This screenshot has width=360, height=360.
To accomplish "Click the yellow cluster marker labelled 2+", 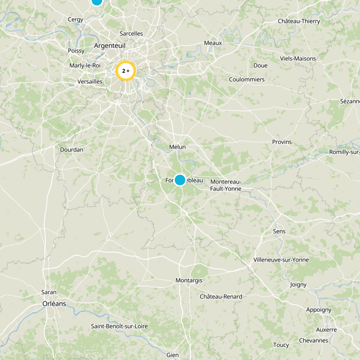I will point(126,71).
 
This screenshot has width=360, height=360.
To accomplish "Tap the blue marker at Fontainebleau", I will point(180,180).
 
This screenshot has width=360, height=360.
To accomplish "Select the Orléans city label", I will point(54,304).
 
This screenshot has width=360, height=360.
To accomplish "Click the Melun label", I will point(177,147).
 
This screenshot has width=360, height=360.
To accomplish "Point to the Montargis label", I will point(189,280).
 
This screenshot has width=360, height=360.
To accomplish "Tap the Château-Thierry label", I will point(299,21).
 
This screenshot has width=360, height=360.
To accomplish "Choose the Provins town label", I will point(282,142).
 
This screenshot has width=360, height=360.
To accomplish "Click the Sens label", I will point(279,231).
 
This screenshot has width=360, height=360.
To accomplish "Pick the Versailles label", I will point(90,81).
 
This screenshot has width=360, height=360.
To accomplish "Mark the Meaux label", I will point(213,43).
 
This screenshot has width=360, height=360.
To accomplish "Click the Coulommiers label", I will point(247,80).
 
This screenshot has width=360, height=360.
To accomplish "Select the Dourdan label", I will point(72,149).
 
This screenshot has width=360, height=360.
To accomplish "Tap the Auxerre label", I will point(326,330).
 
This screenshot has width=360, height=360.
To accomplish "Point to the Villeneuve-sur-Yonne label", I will point(281,260).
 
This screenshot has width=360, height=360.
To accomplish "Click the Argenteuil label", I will point(110,46).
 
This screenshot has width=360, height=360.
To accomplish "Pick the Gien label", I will point(172,355).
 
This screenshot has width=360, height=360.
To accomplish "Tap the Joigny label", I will point(298,284).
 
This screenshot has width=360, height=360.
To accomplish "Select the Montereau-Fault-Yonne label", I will point(226,185).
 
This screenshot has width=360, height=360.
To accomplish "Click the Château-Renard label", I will point(221,297).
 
